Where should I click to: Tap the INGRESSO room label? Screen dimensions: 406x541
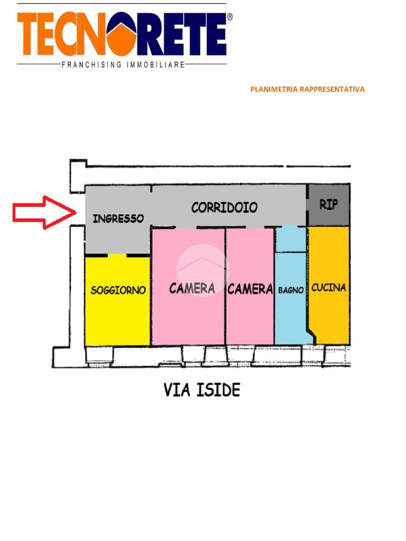[x=118, y=218]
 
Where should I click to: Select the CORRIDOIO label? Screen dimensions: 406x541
[x=224, y=207]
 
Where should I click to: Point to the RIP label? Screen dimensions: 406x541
[x=328, y=204]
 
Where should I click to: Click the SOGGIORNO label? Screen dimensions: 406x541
[x=118, y=290]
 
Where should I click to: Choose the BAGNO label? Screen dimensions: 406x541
[x=291, y=290]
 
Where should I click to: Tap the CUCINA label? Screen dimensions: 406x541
[x=329, y=287]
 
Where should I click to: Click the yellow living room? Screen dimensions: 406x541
[x=117, y=317]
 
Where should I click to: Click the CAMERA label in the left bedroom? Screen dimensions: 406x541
[x=192, y=288]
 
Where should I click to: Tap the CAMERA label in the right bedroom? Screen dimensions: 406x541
[x=250, y=289]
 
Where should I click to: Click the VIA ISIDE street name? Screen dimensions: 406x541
[x=202, y=390]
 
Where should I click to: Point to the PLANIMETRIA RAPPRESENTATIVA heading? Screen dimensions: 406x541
[x=307, y=89]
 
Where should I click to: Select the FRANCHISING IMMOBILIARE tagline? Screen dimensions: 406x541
[x=123, y=65]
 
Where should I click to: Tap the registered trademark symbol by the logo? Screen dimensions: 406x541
[x=229, y=17]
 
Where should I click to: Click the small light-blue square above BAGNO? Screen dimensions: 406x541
[x=291, y=239]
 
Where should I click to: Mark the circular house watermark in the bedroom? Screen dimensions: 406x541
[x=202, y=270]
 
